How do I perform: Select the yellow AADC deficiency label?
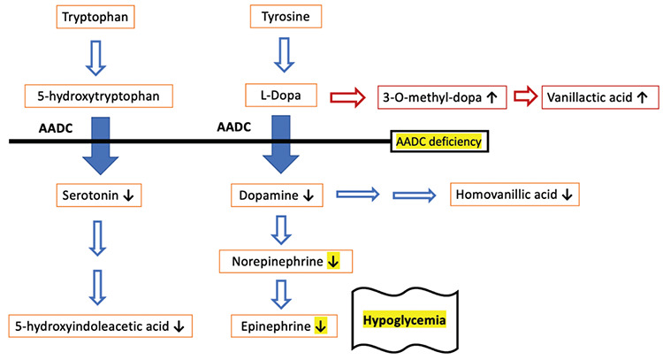[x=439, y=141]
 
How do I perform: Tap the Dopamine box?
[x=277, y=194]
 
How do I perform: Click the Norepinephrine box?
[x=286, y=261]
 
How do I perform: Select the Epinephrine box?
[x=282, y=326]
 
